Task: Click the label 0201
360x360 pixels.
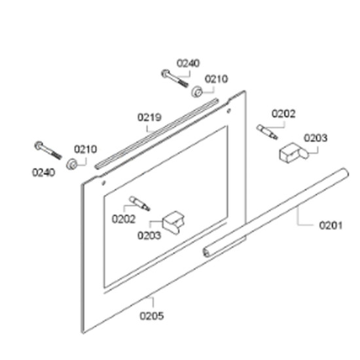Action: tap(331, 225)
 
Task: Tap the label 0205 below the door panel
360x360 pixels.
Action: tap(152, 316)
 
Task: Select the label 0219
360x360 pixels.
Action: tap(149, 118)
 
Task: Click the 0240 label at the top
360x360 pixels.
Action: tap(188, 63)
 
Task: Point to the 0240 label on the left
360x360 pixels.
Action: tap(44, 172)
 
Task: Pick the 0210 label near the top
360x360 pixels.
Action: tap(216, 79)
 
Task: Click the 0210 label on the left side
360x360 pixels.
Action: tap(85, 149)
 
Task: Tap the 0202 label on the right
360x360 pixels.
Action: tap(283, 114)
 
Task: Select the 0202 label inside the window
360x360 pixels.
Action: tap(124, 219)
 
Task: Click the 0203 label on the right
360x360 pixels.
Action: tap(315, 138)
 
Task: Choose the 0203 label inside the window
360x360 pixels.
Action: tap(149, 236)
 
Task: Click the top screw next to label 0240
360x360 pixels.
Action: tap(175, 79)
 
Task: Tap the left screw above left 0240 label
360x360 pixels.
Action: tap(48, 150)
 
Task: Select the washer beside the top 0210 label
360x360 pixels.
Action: tap(197, 92)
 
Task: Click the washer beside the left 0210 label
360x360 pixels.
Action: tap(71, 164)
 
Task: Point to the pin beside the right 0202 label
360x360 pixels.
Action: tap(267, 132)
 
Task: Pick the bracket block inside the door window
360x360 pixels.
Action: tap(173, 223)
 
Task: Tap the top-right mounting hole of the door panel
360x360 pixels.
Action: tap(228, 111)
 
